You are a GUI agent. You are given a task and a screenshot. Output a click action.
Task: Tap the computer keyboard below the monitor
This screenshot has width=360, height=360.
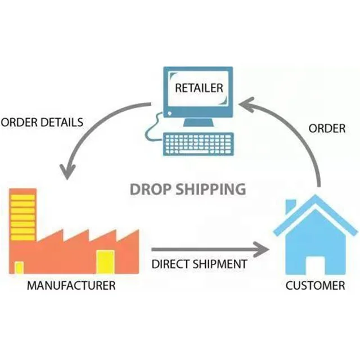point(198,144)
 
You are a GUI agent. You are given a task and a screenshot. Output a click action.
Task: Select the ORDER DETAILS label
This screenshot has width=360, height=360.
point(43,122)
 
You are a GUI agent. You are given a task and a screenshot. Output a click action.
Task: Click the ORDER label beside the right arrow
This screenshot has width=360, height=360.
point(327,128)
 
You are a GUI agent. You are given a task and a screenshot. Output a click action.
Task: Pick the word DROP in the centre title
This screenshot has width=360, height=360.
point(149,188)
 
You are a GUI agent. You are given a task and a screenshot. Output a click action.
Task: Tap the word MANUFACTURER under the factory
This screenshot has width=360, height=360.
point(71,285)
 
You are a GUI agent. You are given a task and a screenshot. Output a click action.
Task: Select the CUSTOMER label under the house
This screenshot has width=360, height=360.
point(315,285)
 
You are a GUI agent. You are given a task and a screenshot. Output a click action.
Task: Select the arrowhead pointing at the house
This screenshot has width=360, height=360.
point(260,248)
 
